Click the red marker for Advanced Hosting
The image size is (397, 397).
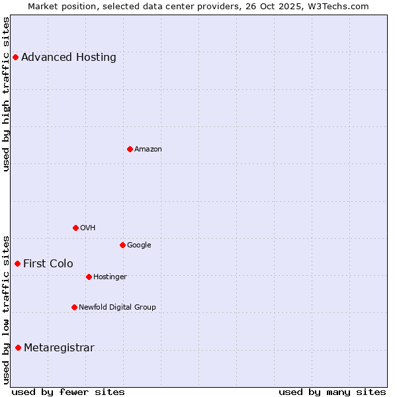15,57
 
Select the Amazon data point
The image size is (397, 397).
130,149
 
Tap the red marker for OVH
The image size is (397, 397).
75,228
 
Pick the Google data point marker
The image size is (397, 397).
122,245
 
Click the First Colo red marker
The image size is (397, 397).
17,263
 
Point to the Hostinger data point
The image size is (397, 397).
89,277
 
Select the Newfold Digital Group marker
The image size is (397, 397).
74,307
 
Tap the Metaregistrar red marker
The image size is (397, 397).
18,347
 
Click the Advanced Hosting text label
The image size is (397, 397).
69,57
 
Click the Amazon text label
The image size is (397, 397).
148,149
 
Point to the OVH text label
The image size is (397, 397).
88,228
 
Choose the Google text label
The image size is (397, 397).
139,245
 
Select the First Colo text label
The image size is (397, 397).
48,263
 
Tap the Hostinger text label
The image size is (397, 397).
110,277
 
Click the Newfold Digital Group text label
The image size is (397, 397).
117,307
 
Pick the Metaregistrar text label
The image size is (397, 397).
59,347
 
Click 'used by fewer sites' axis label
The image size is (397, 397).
68,392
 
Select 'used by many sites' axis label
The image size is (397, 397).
332,392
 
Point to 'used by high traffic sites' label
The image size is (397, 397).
6,93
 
